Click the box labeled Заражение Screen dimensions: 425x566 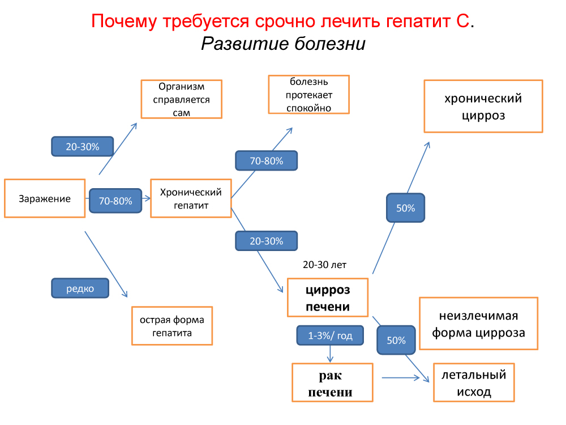click(45, 198)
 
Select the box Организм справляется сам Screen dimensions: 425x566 click(181, 99)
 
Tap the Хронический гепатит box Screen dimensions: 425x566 click(191, 198)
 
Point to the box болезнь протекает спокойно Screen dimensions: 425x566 click(308, 95)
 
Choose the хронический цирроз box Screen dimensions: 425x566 click(483, 107)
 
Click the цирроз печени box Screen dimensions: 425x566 click(328, 298)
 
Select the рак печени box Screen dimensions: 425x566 click(332, 383)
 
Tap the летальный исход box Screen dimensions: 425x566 click(474, 382)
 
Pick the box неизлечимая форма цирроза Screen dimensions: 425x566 click(478, 324)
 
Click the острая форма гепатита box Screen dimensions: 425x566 click(172, 326)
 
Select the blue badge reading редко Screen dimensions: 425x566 click(80, 288)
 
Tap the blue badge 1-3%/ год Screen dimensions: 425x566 click(330, 336)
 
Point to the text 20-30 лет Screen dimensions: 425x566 click(324, 265)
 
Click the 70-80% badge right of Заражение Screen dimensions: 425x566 click(115, 201)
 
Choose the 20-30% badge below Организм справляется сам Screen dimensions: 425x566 click(83, 147)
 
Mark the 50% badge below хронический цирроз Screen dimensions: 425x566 click(405, 208)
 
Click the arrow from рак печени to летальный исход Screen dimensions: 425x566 click(403, 377)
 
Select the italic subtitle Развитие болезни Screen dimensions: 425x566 click(283, 44)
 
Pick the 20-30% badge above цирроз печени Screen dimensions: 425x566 click(267, 241)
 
